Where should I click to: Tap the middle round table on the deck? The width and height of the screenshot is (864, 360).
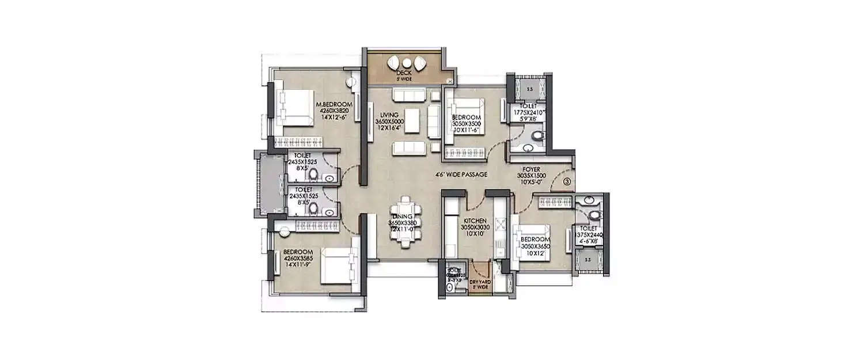[407, 63]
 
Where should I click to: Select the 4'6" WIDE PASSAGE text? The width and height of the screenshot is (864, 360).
[461, 175]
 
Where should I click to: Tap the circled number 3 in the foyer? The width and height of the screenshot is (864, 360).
[567, 181]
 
